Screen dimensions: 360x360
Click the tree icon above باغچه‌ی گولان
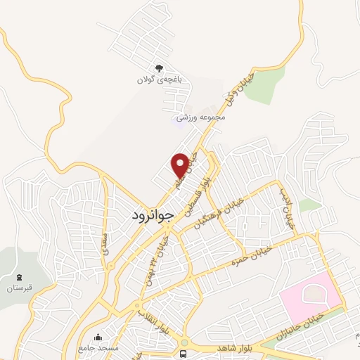(x=159, y=68)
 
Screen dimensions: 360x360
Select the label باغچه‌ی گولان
(x=159, y=80)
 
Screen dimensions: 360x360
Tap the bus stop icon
(x=184, y=353)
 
